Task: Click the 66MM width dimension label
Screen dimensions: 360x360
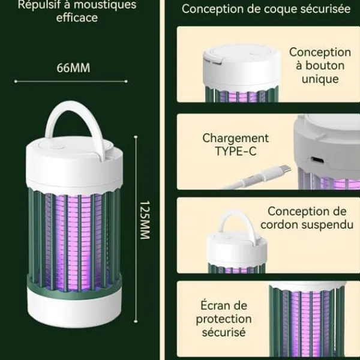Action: pos(73,68)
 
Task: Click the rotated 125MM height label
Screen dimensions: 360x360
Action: pos(145,220)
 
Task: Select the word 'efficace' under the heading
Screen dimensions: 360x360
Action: pos(77,17)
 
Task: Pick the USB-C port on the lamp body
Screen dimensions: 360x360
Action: pos(317,160)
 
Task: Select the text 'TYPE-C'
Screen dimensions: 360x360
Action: pos(236,151)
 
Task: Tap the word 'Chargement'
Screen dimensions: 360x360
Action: pos(236,138)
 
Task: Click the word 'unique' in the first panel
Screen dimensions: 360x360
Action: pos(320,79)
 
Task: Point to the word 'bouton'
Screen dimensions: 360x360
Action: pos(325,65)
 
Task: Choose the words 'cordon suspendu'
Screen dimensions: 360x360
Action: pos(307,225)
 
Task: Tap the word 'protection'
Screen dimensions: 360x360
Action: pos(224,319)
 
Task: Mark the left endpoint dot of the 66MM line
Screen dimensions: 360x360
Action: pos(16,81)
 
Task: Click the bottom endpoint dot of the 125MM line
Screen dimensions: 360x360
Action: pos(136,322)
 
